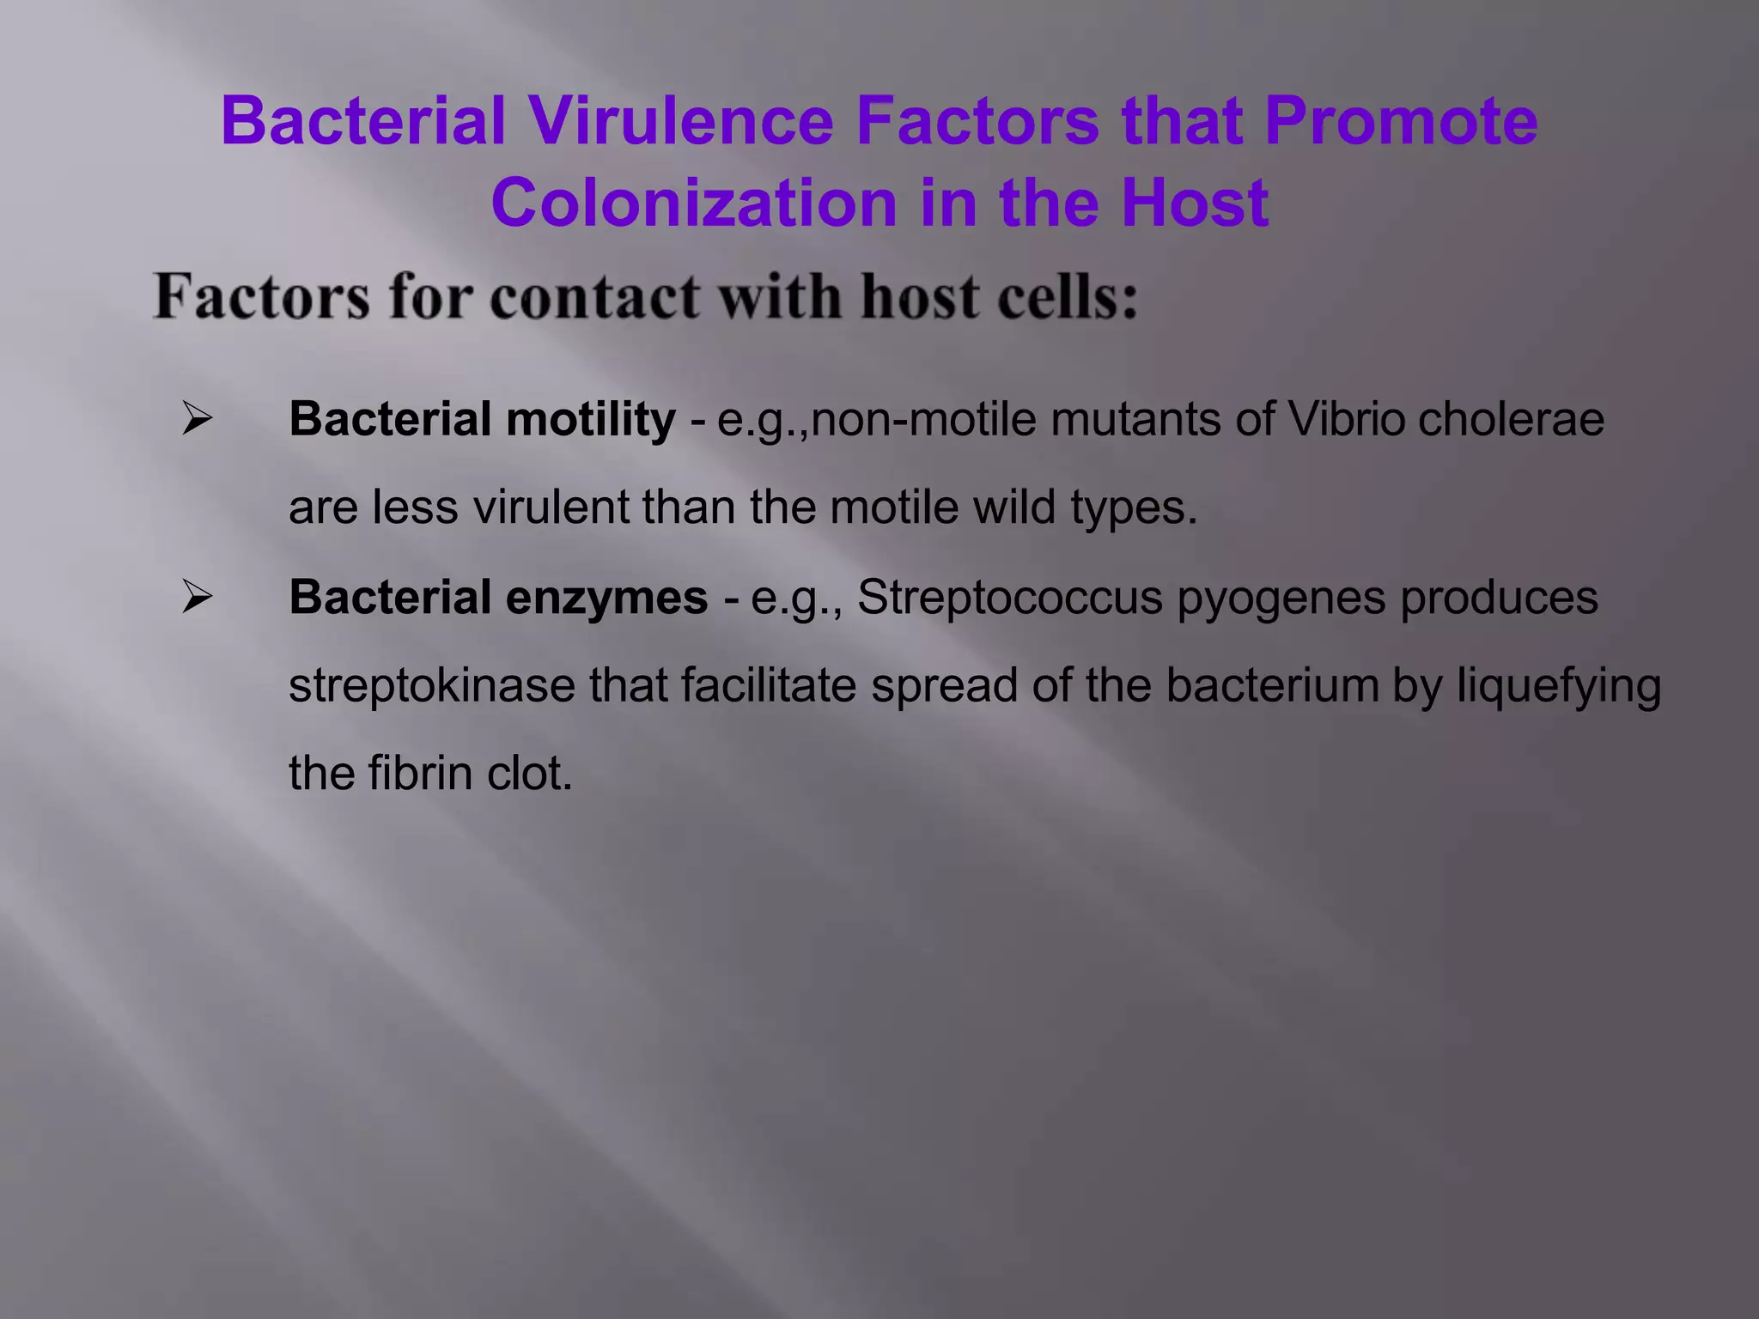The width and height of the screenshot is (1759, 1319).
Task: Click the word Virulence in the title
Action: pos(679,121)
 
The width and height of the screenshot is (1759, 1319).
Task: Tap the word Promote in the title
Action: pos(1401,121)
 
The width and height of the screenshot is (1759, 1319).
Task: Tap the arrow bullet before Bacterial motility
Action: pos(197,420)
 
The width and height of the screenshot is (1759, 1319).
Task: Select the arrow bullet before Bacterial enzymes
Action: pos(197,598)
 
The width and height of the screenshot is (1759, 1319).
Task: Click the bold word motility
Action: pos(591,420)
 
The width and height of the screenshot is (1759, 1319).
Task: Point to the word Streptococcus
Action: pos(1009,598)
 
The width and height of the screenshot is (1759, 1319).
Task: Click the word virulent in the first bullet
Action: pos(551,508)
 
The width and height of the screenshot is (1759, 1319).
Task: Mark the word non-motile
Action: pos(922,420)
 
